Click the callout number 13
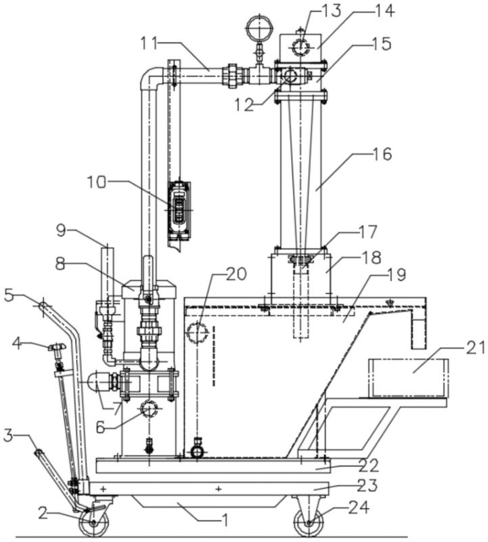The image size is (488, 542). coord(330,11)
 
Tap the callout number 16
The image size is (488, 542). coord(382,154)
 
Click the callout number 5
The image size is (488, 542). coord(10,295)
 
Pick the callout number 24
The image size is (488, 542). coord(359,507)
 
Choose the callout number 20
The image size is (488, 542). coord(236,274)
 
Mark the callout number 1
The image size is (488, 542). coord(225,520)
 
